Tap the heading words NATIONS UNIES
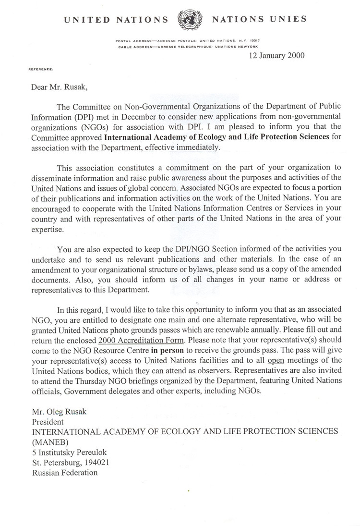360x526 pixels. [259, 20]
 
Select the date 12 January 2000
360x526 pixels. [276, 55]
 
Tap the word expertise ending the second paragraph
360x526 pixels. [48, 230]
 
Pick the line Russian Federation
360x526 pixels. [65, 473]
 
